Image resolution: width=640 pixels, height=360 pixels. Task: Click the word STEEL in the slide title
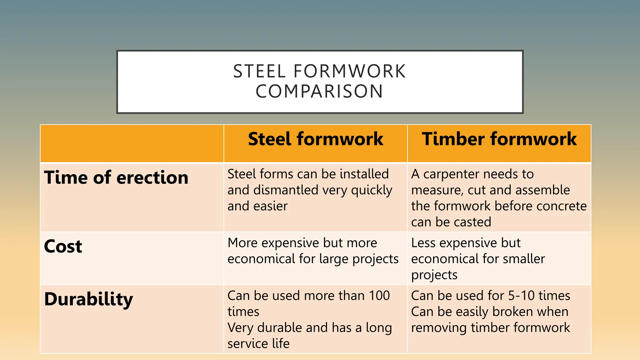click(x=259, y=71)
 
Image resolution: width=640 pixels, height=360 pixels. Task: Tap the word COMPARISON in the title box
click(x=319, y=91)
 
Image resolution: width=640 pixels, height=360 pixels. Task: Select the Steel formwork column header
click(x=315, y=139)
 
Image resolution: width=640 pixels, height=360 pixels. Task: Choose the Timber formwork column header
click(x=499, y=139)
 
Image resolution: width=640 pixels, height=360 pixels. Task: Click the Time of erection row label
click(x=116, y=177)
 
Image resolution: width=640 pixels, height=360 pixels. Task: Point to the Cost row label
click(x=63, y=246)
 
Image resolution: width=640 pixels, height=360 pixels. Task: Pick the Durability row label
click(x=89, y=299)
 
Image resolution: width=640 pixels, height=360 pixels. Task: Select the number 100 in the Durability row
click(x=379, y=296)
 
